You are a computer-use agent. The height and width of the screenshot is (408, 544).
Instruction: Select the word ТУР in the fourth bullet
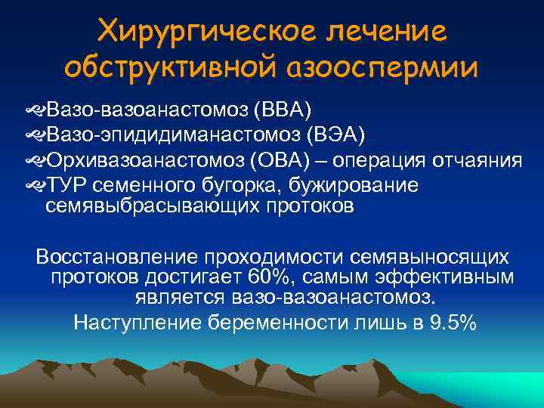(65, 185)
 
